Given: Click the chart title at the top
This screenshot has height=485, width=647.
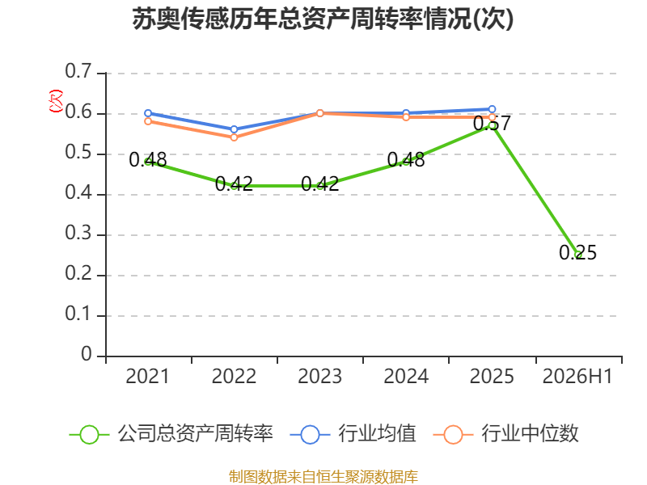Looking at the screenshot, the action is (x=323, y=19).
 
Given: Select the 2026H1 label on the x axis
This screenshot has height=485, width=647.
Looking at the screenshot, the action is (x=577, y=376).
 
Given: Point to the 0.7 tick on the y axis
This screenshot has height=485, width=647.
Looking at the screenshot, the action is (x=78, y=71).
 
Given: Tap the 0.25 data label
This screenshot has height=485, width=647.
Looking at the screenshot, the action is (x=577, y=252).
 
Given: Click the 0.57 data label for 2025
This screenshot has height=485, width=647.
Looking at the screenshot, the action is (x=492, y=123).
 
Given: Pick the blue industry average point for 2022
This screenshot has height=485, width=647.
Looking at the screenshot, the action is (x=234, y=129).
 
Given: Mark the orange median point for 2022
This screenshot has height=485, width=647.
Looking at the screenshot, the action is (x=234, y=137).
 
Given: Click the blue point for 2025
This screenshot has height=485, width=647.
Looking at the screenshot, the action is (x=492, y=109).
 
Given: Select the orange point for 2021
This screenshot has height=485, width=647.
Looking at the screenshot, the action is (x=148, y=121).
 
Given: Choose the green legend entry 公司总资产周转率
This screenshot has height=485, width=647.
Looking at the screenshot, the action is (x=171, y=434).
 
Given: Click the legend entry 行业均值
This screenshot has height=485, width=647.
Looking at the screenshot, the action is (x=353, y=434).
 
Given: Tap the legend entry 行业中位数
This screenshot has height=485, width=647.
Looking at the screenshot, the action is (x=506, y=434).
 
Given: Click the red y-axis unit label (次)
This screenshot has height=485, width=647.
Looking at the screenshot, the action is (x=56, y=101).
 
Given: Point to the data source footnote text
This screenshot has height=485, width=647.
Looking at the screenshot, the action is (x=323, y=477).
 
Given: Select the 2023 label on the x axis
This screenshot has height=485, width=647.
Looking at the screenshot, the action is (x=319, y=376).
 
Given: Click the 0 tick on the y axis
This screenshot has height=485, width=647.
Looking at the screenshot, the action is (x=87, y=354).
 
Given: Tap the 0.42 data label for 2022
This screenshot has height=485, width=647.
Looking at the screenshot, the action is (x=234, y=183).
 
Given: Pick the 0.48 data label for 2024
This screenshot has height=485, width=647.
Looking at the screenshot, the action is (x=406, y=159).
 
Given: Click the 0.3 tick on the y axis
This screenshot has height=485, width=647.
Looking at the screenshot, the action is (x=78, y=233).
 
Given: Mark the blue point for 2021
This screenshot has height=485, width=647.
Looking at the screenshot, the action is (x=148, y=113).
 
